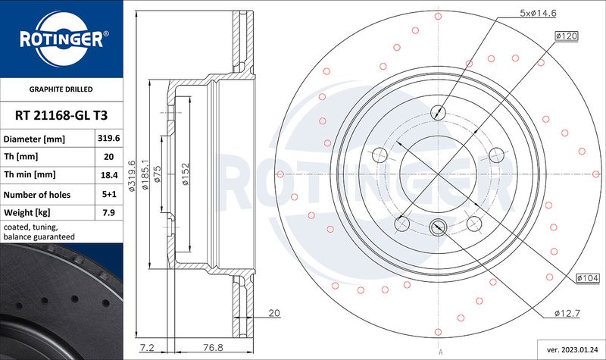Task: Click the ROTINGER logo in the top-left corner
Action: tap(61, 38)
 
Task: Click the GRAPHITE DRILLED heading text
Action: tap(61, 89)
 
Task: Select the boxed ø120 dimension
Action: tap(567, 36)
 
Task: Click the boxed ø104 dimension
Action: tap(587, 279)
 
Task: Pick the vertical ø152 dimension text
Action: tap(184, 174)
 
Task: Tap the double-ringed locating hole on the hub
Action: tap(438, 227)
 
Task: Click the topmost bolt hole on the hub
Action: tap(438, 113)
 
